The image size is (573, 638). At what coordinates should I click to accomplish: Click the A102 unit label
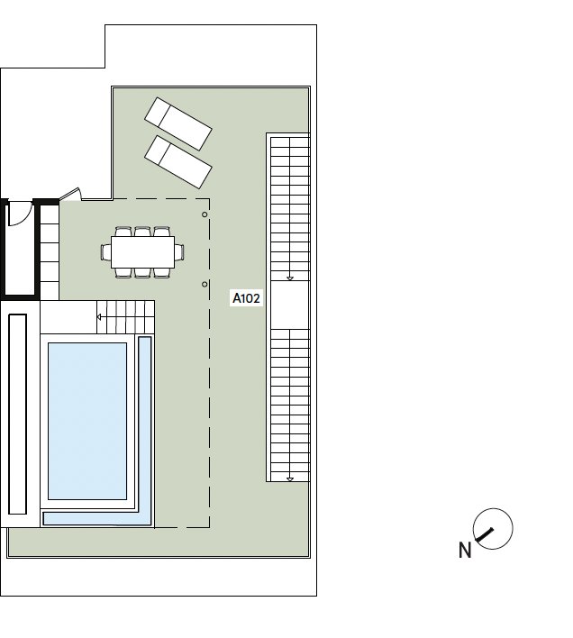[246, 298]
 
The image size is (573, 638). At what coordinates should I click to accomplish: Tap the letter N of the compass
[465, 551]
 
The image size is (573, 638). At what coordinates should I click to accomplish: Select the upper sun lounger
[178, 123]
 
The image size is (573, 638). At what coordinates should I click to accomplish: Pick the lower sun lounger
[178, 162]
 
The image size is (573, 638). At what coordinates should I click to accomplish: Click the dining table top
[142, 252]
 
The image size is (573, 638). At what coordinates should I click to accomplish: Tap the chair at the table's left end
[105, 252]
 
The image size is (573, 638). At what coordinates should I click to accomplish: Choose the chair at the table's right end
[179, 252]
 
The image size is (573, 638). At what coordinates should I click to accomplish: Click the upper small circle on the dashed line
[205, 214]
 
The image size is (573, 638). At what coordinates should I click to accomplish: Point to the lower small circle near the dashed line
[205, 285]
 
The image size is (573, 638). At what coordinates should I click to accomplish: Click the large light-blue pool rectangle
[87, 421]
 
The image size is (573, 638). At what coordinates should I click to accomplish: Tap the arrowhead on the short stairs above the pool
[99, 317]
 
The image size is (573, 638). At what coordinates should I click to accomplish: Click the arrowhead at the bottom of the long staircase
[290, 479]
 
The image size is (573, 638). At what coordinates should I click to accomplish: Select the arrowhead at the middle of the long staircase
[290, 278]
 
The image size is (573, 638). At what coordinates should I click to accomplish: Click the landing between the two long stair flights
[290, 305]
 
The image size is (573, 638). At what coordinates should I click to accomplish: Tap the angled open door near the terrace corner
[70, 194]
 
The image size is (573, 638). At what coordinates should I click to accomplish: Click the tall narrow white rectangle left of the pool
[17, 414]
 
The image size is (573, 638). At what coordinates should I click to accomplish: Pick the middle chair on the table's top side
[142, 232]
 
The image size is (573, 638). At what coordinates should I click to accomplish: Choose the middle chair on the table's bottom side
[142, 273]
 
